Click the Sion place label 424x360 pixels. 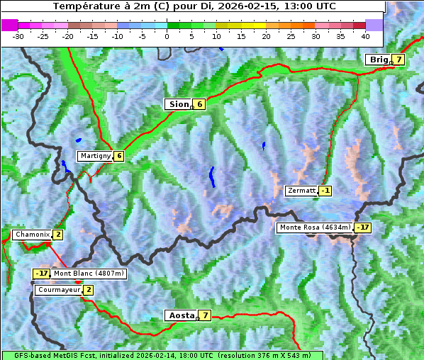[x=178, y=104]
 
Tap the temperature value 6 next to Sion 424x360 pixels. [x=199, y=104]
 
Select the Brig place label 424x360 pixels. [x=379, y=60]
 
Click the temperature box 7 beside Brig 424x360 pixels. [x=399, y=60]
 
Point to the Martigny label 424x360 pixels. [x=94, y=156]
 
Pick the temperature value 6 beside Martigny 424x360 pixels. [x=118, y=156]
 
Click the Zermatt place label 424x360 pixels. [x=301, y=191]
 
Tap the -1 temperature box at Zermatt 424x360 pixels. [x=325, y=191]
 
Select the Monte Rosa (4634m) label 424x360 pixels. [x=315, y=227]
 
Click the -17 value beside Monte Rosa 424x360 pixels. [x=362, y=227]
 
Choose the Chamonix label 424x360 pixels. [x=32, y=235]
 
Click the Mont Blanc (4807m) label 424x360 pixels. [x=89, y=274]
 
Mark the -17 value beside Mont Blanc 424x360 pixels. [x=42, y=274]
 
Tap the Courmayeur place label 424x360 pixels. [x=59, y=290]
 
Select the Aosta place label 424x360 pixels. [x=181, y=315]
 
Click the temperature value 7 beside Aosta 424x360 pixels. [x=205, y=315]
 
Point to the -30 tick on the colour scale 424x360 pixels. [x=18, y=35]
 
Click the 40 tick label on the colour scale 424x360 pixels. [x=365, y=35]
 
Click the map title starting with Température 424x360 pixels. [x=194, y=6]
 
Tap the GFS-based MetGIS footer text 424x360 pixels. [x=162, y=355]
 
